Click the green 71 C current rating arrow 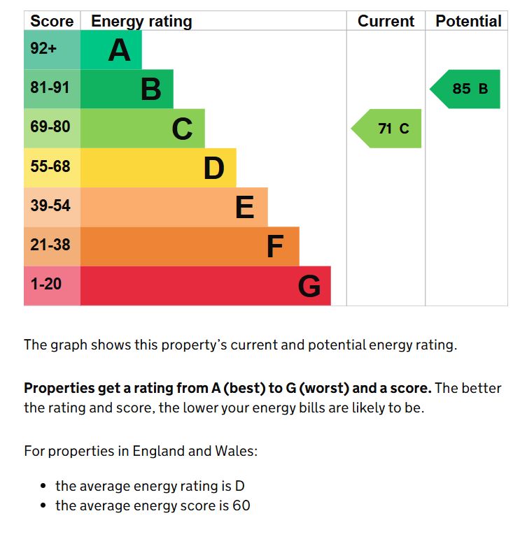(388, 129)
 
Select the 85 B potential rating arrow (467, 89)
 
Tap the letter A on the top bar (120, 50)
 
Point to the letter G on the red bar (309, 286)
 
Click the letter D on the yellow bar (214, 168)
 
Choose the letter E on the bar (244, 208)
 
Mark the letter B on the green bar (151, 89)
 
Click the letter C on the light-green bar (182, 129)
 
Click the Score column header (52, 21)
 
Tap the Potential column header (468, 21)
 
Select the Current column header (386, 21)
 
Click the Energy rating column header (141, 21)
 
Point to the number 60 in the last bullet (241, 505)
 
